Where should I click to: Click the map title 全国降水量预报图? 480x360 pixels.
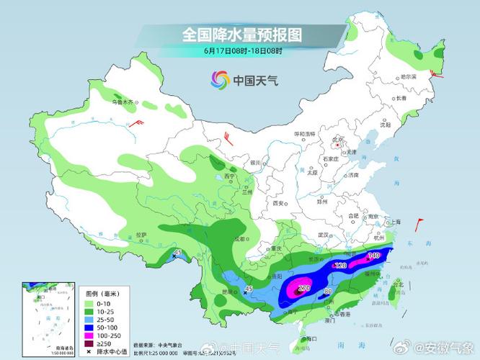click(x=241, y=35)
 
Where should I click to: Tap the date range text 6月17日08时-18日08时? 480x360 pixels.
click(x=241, y=52)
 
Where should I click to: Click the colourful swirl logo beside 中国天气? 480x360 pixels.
click(x=218, y=80)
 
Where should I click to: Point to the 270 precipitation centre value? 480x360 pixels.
click(x=303, y=288)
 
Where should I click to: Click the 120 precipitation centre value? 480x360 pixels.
click(x=341, y=266)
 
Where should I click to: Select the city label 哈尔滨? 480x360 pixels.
click(x=409, y=76)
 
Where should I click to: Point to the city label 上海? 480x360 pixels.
click(x=394, y=222)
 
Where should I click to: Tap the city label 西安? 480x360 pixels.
click(x=279, y=204)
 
